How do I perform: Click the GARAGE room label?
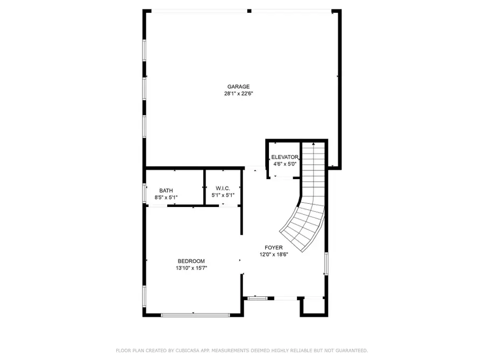pos(238,87)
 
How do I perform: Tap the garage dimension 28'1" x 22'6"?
pos(238,94)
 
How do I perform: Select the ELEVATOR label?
pos(284,157)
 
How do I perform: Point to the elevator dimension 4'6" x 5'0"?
pos(284,164)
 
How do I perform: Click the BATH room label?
pos(166,191)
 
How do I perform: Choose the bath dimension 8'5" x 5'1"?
pos(166,198)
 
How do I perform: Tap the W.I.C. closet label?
pos(223,188)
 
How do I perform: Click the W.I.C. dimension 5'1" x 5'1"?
pos(223,195)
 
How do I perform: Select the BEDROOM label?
pos(191,261)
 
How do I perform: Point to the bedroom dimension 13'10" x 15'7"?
pos(191,268)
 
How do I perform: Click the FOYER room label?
pos(274,248)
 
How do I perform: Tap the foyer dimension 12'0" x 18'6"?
pos(274,255)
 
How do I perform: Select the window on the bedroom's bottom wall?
pos(188,315)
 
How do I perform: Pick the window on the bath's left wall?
pos(144,193)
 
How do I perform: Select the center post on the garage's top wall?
pos(249,11)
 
